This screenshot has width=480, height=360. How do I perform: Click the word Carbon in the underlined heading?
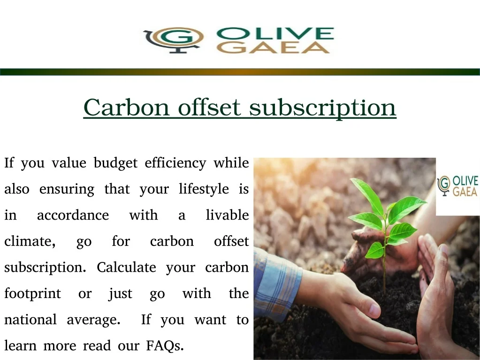point(126,107)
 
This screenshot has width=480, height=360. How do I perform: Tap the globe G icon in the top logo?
point(174,40)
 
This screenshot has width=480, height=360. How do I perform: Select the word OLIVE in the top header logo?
point(275,33)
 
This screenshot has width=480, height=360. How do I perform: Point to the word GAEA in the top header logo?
point(274,47)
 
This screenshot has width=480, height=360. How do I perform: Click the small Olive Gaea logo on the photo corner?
point(457,186)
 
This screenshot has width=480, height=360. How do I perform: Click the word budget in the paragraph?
point(116,163)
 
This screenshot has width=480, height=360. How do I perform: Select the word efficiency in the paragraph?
point(175,163)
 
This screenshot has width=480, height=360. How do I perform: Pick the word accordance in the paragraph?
point(73,215)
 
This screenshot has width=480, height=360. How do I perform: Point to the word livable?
point(228,215)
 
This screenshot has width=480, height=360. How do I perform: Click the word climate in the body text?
point(28,242)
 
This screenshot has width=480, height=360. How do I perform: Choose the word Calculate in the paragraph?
point(126,267)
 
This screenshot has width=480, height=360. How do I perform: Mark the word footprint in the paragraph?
point(33,294)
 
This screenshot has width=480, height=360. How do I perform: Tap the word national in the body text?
point(30,320)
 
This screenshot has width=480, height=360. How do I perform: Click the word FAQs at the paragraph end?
point(165,346)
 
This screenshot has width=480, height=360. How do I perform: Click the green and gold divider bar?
point(240,72)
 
